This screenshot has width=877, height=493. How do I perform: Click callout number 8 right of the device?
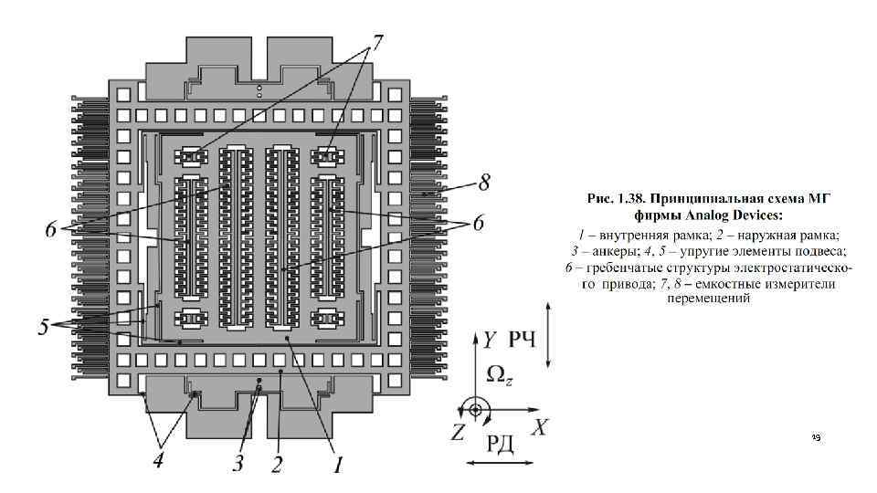pos(485,183)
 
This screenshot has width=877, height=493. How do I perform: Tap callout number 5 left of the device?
pos(44,326)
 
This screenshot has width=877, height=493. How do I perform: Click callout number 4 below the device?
pos(158,461)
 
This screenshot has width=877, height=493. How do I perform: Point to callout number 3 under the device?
pos(238,464)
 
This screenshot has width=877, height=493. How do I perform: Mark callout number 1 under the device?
pos(336,466)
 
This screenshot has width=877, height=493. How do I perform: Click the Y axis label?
pos(491,340)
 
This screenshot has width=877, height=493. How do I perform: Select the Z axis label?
pos(458,432)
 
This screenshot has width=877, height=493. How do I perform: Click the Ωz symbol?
pos(499,373)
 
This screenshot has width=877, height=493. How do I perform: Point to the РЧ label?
pos(523,341)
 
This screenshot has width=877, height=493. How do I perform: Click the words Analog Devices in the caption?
pos(736,215)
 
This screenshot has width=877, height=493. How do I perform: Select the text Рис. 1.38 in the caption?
pos(614,199)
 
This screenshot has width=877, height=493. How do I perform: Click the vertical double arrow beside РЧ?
pos(547,337)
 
